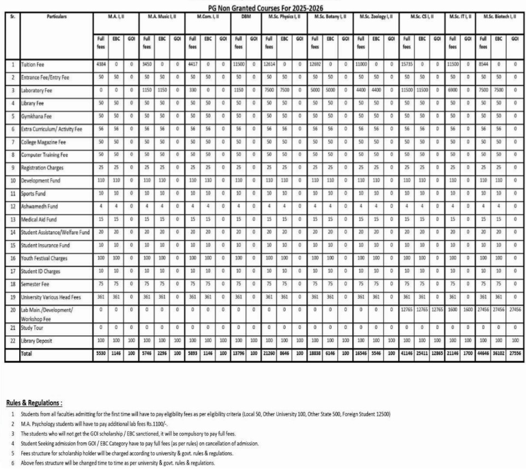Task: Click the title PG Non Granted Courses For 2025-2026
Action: click(x=263, y=8)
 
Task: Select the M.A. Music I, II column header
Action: click(x=162, y=17)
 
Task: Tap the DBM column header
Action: click(x=246, y=17)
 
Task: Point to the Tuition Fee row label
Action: click(x=33, y=64)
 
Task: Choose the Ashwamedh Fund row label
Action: click(x=39, y=207)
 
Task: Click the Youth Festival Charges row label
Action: click(x=44, y=257)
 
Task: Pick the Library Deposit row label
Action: click(x=37, y=341)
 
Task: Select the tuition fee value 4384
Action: click(x=101, y=64)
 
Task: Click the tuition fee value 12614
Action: click(x=269, y=64)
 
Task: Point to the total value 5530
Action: click(x=101, y=354)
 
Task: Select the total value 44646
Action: click(x=483, y=354)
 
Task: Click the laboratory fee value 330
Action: click(x=192, y=90)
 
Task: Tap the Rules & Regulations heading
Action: click(x=34, y=403)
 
